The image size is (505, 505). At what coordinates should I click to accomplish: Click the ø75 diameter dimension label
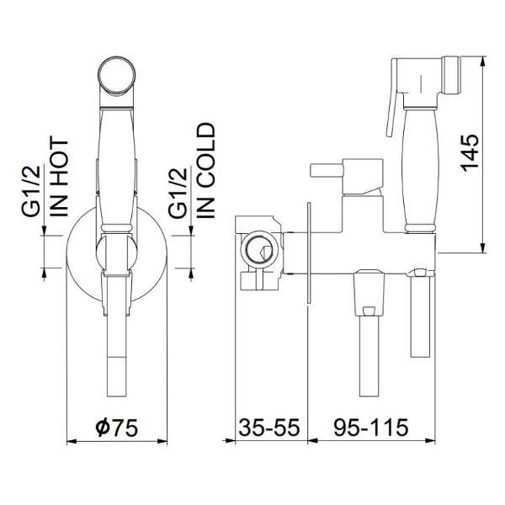pyautogui.click(x=117, y=427)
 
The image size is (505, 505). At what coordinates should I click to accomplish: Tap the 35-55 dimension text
pyautogui.click(x=269, y=427)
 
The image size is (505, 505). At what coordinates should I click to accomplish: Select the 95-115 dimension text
pyautogui.click(x=370, y=427)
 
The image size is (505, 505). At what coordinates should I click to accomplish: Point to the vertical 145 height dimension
pyautogui.click(x=470, y=152)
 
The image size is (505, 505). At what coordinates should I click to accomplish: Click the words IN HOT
pyautogui.click(x=59, y=178)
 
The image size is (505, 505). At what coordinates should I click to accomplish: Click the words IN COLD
pyautogui.click(x=205, y=171)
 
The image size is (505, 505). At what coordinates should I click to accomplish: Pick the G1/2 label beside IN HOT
pyautogui.click(x=31, y=191)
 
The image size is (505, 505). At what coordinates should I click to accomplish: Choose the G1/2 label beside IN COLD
pyautogui.click(x=178, y=193)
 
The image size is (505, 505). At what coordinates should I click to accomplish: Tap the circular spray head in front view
pyautogui.click(x=117, y=76)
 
